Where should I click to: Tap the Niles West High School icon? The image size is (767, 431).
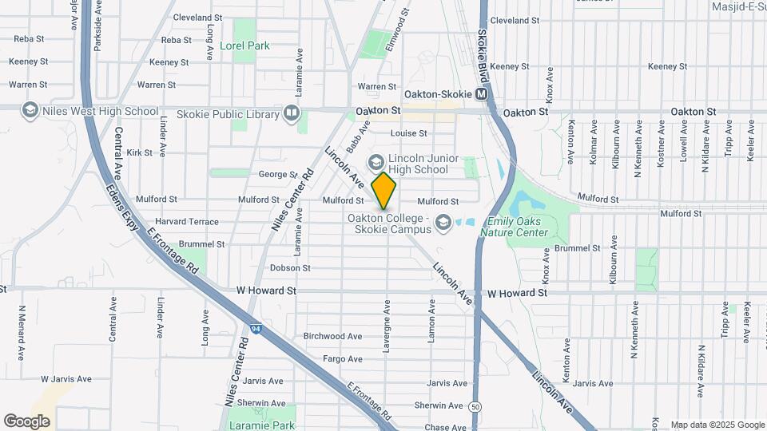[x=30, y=110]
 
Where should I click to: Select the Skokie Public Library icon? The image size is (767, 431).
[x=292, y=114]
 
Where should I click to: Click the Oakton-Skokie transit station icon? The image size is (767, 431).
[x=482, y=94]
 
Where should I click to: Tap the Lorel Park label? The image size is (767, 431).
[x=244, y=46]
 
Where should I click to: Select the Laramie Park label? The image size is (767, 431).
[x=260, y=425]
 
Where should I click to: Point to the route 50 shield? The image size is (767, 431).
[x=475, y=407]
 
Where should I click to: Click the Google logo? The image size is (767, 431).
[x=26, y=421]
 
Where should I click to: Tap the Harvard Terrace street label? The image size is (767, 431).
[x=188, y=221]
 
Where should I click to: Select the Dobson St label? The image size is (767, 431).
[x=284, y=268]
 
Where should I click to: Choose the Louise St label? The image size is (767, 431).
[x=408, y=133]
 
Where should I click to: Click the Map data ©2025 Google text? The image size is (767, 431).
[x=717, y=425]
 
